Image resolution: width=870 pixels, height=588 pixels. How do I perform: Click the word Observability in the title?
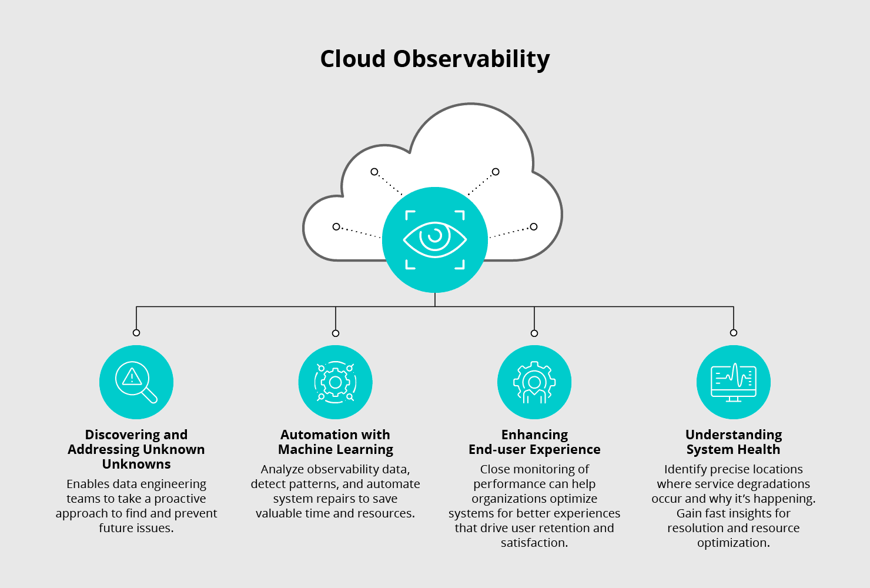(x=471, y=59)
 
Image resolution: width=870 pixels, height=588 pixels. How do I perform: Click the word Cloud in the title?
(x=353, y=59)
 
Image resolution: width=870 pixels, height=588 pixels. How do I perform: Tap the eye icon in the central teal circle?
(x=435, y=239)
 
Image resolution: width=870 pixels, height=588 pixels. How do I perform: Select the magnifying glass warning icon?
(x=136, y=382)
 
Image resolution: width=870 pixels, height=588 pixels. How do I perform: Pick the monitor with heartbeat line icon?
(x=733, y=382)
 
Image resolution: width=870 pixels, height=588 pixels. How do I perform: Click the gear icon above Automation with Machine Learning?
(x=335, y=382)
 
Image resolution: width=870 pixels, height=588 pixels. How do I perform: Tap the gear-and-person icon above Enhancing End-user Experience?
(x=534, y=382)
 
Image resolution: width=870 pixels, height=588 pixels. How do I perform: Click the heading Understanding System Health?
(x=733, y=442)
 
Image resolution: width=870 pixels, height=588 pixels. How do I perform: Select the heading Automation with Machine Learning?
(x=335, y=442)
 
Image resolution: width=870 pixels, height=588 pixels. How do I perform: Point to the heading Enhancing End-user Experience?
(x=534, y=442)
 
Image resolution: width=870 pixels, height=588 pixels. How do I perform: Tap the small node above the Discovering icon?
(x=136, y=333)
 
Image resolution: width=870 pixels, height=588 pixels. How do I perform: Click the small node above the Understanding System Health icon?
(x=733, y=333)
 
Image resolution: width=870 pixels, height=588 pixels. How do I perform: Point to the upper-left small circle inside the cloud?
(x=374, y=172)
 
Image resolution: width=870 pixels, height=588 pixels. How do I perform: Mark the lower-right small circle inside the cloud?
(x=534, y=226)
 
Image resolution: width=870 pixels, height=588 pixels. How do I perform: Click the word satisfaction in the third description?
(x=533, y=543)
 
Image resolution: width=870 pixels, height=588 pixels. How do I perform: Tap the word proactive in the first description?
(x=180, y=499)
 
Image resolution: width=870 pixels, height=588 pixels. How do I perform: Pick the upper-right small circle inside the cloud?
(x=496, y=172)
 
